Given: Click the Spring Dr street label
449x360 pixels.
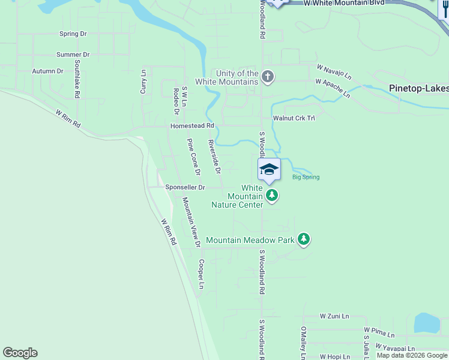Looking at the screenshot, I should (73, 34).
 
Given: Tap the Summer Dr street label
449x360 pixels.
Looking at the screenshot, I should (73, 55).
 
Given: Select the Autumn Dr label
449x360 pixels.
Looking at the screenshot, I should (47, 71).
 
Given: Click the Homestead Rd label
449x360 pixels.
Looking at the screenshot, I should (191, 126).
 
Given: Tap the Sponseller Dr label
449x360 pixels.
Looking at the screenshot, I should (185, 187).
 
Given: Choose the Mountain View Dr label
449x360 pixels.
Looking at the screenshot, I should (191, 222).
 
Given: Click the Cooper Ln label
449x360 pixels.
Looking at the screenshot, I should (202, 274).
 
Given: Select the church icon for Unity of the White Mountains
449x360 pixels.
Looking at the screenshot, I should (268, 77).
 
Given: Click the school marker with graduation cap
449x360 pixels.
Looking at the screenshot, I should (270, 170).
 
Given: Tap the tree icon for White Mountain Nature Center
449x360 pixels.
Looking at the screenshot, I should (272, 195).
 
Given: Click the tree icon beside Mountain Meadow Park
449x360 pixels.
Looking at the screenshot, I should (304, 239).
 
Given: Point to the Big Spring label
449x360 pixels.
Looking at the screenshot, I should (306, 177).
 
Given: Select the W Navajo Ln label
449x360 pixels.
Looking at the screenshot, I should (333, 70).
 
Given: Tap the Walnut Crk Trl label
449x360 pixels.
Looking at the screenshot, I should (294, 118).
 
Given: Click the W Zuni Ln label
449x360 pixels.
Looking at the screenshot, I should (334, 316).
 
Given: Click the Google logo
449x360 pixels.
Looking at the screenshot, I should (20, 353).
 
